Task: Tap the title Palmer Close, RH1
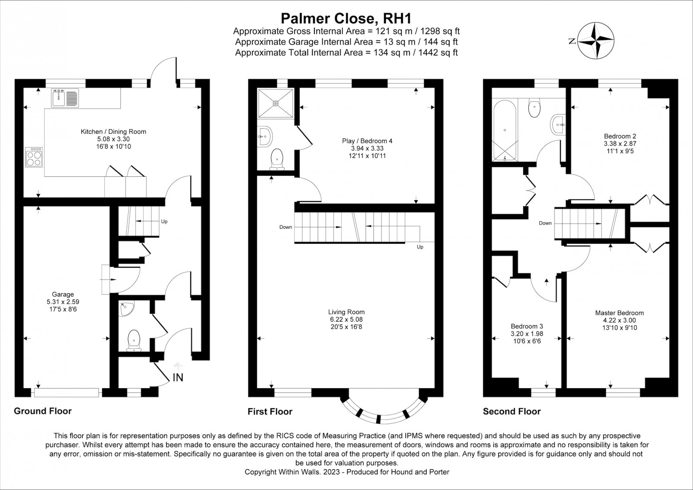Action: [346, 18]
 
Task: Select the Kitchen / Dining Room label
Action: [113, 132]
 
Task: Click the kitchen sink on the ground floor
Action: [65, 98]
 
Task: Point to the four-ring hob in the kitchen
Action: [34, 157]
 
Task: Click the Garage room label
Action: [63, 294]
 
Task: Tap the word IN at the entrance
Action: [178, 378]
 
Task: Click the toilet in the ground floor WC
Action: [134, 341]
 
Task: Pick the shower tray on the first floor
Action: [275, 104]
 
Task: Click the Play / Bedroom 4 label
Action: [367, 141]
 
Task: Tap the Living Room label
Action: [346, 312]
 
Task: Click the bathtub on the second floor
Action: [505, 130]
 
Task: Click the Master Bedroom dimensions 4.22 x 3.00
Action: [620, 320]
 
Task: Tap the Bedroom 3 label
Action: [527, 326]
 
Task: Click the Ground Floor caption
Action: [43, 411]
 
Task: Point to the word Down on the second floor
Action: [545, 223]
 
